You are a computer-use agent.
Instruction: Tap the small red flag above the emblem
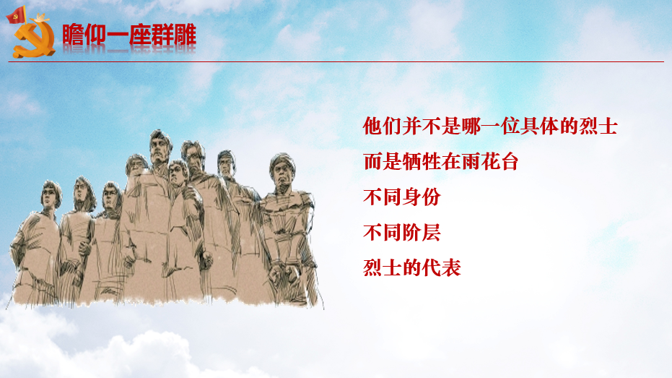point(17,15)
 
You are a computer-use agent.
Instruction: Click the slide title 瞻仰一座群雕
point(129,35)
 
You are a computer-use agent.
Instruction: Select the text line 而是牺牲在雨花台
point(441,162)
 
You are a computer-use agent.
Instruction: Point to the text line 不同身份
point(402,197)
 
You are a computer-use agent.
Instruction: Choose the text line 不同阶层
point(402,233)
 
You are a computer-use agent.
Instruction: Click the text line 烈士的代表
point(412,267)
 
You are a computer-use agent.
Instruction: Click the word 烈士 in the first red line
point(598,126)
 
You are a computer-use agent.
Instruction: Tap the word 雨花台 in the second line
point(490,162)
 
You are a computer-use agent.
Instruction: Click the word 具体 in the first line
point(539,126)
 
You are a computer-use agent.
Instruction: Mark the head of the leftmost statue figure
point(51,194)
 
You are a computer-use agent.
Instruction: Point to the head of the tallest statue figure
point(161,146)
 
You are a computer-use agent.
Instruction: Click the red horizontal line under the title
point(336,61)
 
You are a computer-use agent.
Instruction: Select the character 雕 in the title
point(185,35)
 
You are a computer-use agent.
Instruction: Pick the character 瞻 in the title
point(74,35)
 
